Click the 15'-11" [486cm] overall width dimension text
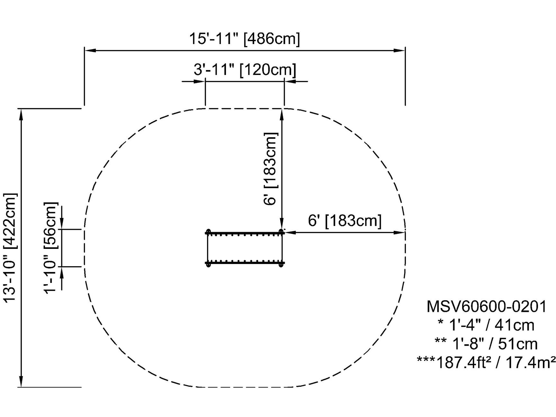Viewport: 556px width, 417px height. (x=244, y=39)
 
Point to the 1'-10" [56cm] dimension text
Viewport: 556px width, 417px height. (x=51, y=248)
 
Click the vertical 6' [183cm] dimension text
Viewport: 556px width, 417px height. (x=270, y=169)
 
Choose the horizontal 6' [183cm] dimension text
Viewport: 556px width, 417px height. (x=345, y=221)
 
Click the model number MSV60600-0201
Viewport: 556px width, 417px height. (x=487, y=306)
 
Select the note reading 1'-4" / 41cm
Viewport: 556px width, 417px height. (x=487, y=325)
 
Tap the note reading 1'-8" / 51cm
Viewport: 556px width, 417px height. (x=487, y=344)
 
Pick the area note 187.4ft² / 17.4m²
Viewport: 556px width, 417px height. (x=487, y=362)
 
